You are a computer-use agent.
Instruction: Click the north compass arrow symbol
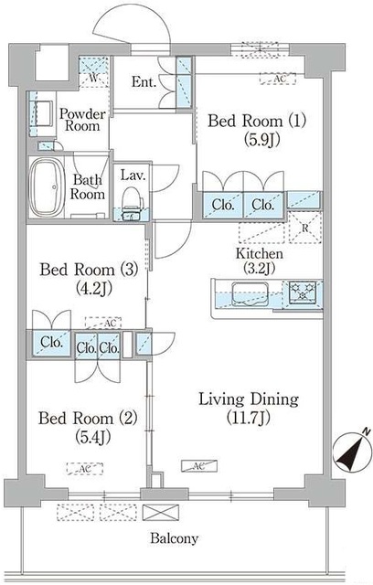[347, 450]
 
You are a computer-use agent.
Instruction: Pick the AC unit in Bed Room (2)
[83, 468]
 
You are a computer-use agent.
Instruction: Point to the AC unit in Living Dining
[198, 465]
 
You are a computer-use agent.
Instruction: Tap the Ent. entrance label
[144, 82]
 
